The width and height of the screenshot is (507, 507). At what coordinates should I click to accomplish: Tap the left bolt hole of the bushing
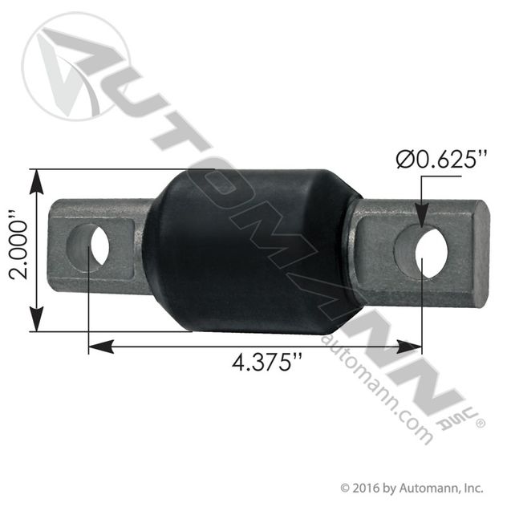[x=99, y=246]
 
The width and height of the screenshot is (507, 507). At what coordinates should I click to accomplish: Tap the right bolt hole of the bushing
[x=431, y=253]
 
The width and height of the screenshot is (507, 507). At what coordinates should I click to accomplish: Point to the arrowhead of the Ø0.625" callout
[x=420, y=220]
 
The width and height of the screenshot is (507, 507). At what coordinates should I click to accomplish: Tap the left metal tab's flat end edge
[x=55, y=245]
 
